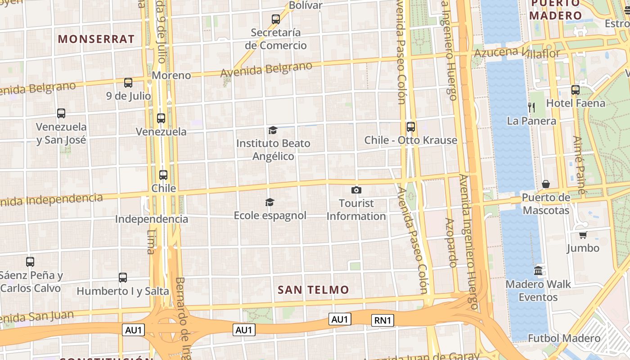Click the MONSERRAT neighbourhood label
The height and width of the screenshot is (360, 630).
click(x=96, y=39)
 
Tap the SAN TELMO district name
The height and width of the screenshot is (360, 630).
click(x=313, y=290)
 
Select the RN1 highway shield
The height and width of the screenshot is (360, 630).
click(x=382, y=320)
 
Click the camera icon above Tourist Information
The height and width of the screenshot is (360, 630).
click(x=356, y=190)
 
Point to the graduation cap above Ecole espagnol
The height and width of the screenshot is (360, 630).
click(x=270, y=202)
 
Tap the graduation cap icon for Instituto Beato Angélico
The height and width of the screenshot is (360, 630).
click(x=273, y=130)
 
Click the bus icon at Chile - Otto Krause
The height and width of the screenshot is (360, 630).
click(x=411, y=127)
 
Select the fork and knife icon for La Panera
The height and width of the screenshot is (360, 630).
click(x=531, y=107)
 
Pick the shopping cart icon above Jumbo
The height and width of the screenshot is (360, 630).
click(x=583, y=235)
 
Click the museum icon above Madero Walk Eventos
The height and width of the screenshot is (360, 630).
click(x=538, y=271)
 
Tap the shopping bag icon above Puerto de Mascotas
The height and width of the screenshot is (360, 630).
click(x=546, y=184)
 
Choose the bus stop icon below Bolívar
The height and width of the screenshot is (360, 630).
click(x=276, y=19)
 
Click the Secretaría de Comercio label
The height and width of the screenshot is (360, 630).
click(x=276, y=39)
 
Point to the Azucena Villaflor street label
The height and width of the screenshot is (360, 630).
click(x=517, y=53)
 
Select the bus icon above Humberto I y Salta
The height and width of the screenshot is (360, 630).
click(x=123, y=278)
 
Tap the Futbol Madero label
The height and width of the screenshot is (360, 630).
click(x=564, y=338)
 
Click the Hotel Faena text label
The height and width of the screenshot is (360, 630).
click(x=576, y=103)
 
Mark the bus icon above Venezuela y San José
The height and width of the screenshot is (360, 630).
click(x=61, y=113)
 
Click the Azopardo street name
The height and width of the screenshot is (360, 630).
click(x=451, y=243)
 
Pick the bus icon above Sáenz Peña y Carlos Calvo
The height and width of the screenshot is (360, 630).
click(x=30, y=262)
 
